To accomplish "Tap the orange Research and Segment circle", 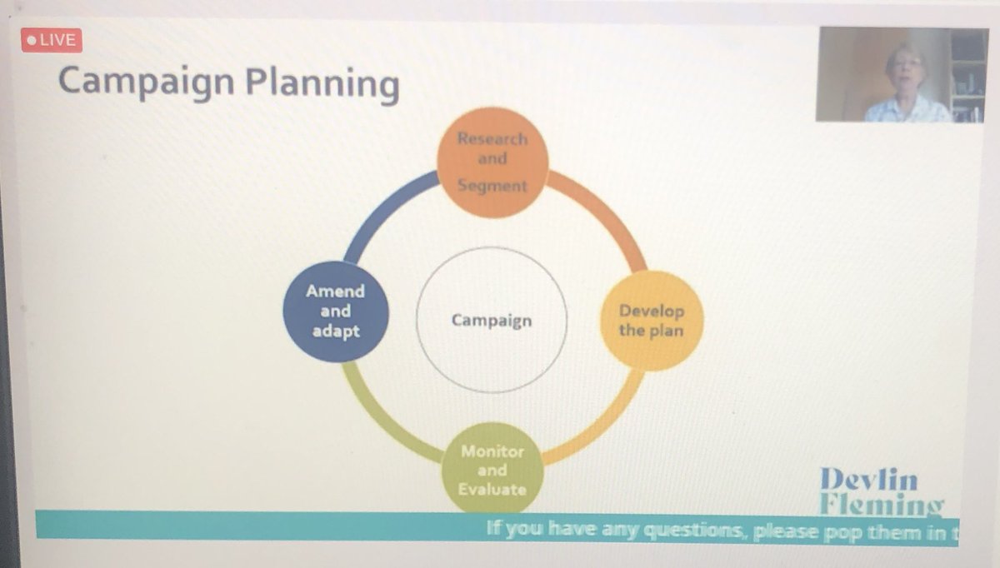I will coord(493,162).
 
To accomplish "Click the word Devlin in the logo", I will coord(868,480).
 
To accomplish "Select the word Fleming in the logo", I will coord(881,505).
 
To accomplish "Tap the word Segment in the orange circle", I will coord(492,185).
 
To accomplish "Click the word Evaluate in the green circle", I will coord(492,489).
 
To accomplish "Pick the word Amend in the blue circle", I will coord(336,291).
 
